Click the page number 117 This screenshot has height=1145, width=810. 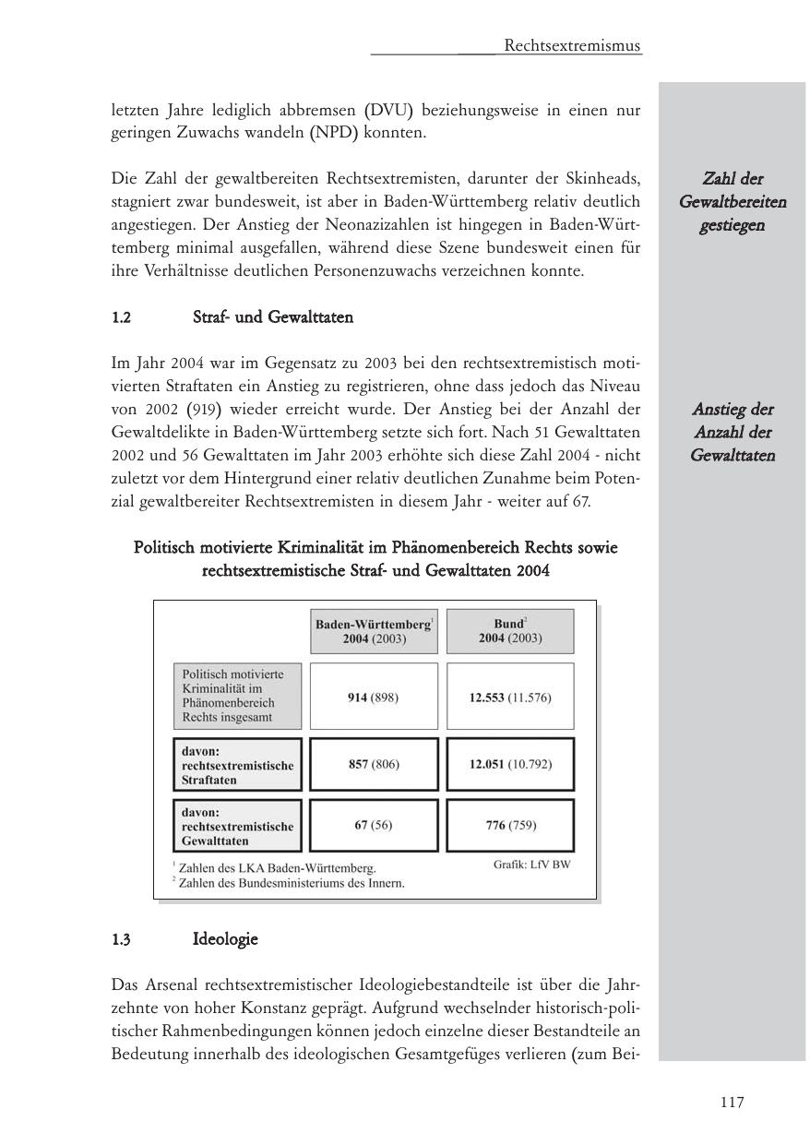[x=732, y=1102]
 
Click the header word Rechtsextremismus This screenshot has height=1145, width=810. [x=572, y=45]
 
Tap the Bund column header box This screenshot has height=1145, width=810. [x=509, y=631]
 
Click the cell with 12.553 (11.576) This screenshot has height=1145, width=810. [x=509, y=698]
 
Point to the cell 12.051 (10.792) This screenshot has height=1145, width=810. [x=509, y=765]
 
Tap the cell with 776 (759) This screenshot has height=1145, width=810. [x=509, y=825]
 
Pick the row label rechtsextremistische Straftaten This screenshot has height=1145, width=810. [x=237, y=765]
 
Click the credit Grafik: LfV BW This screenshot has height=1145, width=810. [x=531, y=865]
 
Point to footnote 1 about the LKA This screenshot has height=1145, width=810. [x=274, y=868]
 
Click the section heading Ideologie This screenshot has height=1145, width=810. [x=225, y=939]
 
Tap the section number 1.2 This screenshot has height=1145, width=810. [x=122, y=317]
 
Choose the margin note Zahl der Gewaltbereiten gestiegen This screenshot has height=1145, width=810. [x=733, y=202]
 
